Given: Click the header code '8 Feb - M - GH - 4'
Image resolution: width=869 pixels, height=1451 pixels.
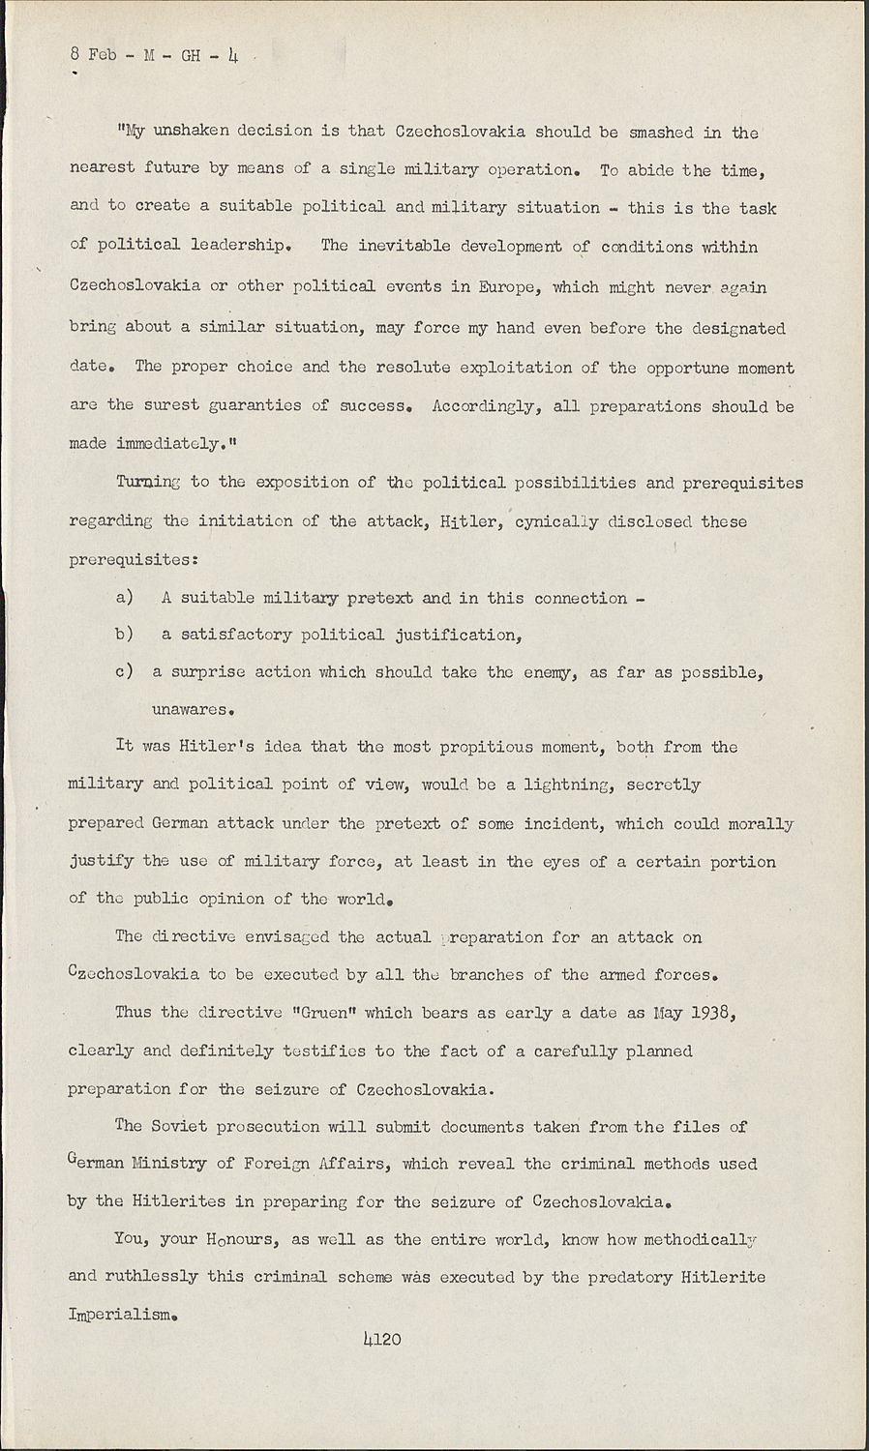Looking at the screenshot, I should [154, 55].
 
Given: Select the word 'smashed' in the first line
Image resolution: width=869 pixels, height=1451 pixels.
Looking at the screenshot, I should [669, 132].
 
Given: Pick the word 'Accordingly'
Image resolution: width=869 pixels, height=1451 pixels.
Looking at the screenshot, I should [486, 406].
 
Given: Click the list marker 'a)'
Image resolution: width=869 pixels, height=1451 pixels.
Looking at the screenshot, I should [125, 598].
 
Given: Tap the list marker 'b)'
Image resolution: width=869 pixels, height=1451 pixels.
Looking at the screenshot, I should [125, 635].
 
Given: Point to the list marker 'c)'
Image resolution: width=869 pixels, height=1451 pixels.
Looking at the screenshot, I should [125, 672].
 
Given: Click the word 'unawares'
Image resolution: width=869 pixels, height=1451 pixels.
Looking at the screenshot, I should [193, 709].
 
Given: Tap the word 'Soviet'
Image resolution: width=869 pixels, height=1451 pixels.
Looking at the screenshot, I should [191, 1125].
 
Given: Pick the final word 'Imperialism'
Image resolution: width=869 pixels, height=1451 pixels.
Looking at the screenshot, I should [122, 1315].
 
